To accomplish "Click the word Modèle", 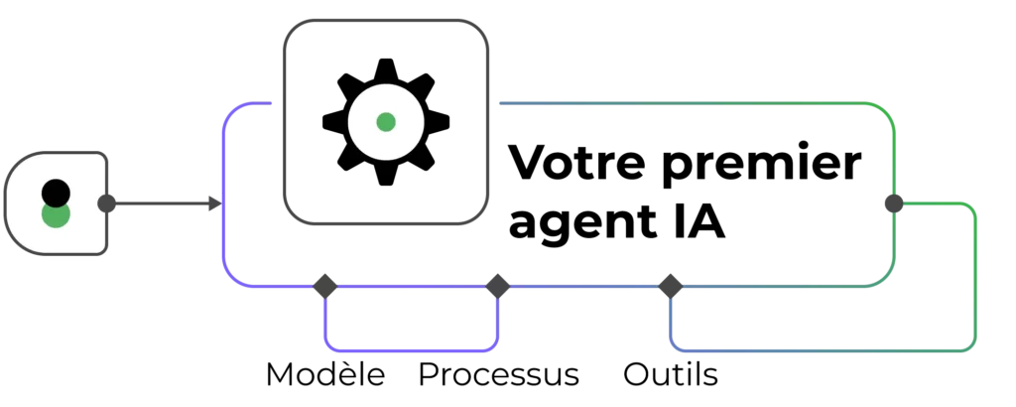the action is (x=325, y=374).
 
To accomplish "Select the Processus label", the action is (x=498, y=374).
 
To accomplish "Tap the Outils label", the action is (x=671, y=374).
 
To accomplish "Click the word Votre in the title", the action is (x=577, y=163).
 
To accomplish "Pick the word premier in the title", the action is (x=761, y=165).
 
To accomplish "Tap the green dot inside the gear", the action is (x=386, y=122).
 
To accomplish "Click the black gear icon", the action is (x=386, y=122).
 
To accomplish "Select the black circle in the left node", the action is (x=56, y=194).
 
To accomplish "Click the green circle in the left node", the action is (x=56, y=215).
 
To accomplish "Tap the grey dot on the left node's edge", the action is (x=107, y=203).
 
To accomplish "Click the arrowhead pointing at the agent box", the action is (x=215, y=203).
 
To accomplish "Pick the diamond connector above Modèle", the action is (x=325, y=286).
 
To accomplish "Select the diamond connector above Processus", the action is (x=498, y=286).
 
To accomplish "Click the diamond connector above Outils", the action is (x=671, y=286).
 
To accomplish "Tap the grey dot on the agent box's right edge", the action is (x=894, y=203).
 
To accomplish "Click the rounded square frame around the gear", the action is (x=386, y=122).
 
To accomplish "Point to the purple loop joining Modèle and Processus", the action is (x=412, y=350).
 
